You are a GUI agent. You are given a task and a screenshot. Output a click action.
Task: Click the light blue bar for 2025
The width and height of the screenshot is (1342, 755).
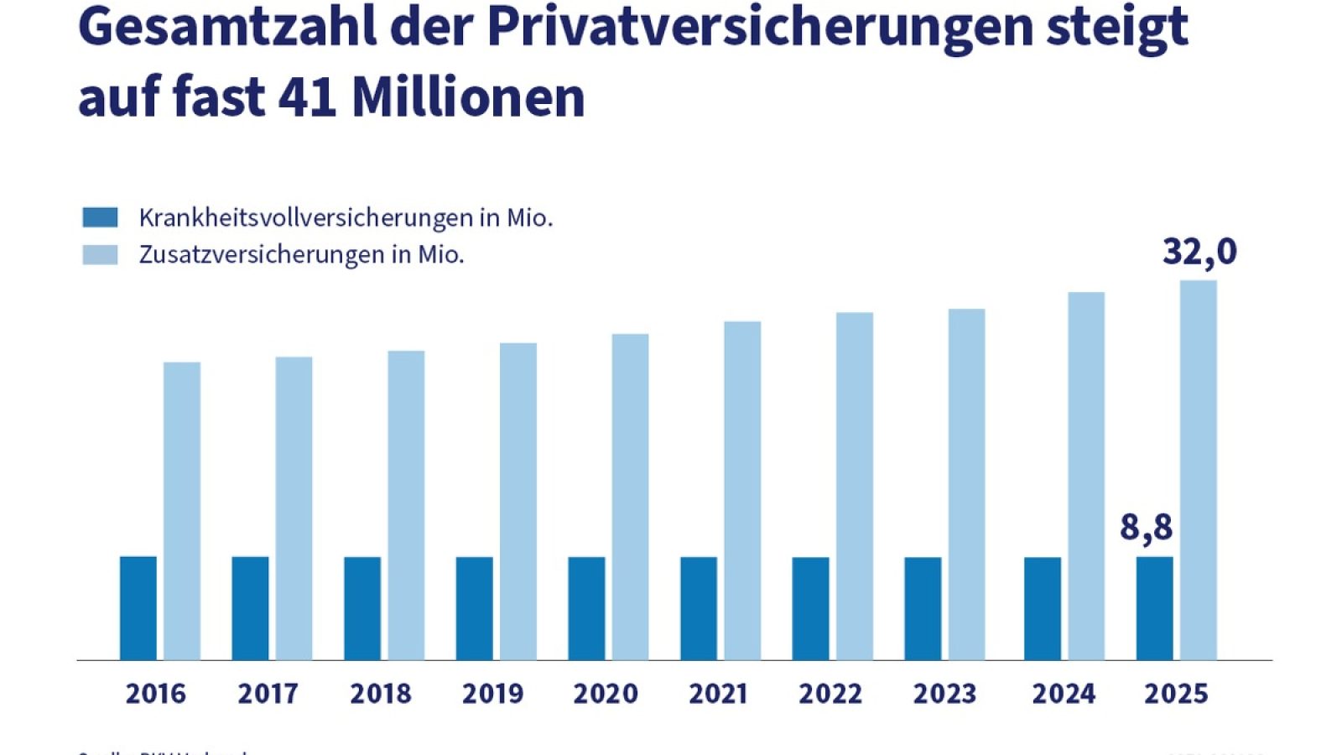tap(1198, 470)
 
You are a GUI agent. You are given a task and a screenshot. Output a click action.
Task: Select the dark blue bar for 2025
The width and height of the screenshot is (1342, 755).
tap(1154, 608)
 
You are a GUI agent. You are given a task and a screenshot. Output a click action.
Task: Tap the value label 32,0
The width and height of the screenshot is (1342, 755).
tap(1199, 252)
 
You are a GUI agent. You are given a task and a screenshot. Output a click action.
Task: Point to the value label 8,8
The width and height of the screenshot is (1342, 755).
tap(1146, 528)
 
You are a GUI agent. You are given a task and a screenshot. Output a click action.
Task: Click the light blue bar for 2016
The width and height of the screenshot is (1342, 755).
tap(182, 512)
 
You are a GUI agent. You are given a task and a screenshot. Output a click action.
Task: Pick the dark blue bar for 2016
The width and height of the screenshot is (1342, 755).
tap(138, 608)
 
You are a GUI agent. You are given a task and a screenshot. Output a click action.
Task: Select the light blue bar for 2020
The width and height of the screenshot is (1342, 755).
tap(630, 497)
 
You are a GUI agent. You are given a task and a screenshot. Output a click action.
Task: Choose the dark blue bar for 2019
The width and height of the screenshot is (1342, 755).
tap(475, 608)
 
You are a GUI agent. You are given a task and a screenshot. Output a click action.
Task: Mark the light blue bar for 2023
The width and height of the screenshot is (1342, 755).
tap(966, 484)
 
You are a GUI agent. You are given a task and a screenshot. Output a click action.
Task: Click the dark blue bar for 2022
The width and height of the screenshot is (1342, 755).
tap(810, 608)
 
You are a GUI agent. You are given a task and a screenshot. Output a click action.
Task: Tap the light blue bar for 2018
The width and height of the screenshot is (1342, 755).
tap(406, 505)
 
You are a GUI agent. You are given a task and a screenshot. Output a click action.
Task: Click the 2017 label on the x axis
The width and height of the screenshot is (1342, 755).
tap(268, 694)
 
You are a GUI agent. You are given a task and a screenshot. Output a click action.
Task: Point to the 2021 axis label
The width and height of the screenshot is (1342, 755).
tap(718, 694)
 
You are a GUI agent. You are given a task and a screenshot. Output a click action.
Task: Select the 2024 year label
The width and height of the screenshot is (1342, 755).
tap(1064, 694)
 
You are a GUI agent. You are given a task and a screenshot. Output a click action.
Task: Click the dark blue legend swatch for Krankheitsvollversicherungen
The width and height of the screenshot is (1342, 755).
tap(101, 217)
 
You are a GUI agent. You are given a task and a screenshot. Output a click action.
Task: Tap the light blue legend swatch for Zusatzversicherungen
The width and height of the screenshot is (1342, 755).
tap(101, 254)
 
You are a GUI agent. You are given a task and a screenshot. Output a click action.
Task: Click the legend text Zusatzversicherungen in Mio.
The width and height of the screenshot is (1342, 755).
tap(301, 254)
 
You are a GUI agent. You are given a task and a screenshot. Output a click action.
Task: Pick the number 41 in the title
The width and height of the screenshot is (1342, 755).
tap(308, 96)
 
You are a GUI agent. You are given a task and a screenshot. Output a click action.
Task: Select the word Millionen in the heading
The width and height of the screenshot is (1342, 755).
tap(468, 96)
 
